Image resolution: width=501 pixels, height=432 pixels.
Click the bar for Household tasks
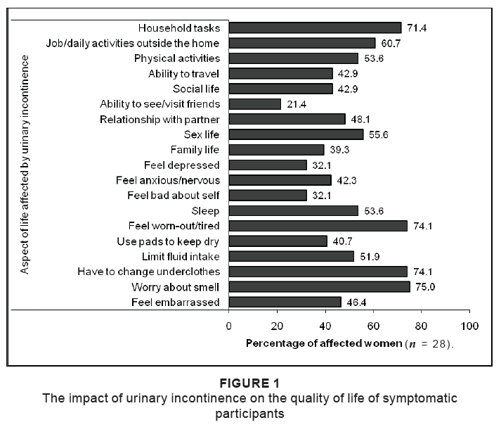315,28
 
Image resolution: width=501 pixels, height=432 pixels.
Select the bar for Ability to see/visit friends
254,104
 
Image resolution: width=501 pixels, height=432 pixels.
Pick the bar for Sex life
296,134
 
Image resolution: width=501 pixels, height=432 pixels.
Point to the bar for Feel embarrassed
285,303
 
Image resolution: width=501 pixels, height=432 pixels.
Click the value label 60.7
391,43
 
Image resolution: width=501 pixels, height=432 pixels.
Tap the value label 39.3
339,150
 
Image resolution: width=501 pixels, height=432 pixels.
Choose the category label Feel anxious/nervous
168,180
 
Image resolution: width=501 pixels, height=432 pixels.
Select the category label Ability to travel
184,73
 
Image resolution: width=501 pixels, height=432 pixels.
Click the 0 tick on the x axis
229,326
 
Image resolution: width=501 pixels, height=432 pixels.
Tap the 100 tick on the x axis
469,326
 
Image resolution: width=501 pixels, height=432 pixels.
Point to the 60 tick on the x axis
373,326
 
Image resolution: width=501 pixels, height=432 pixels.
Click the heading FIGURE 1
249,383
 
